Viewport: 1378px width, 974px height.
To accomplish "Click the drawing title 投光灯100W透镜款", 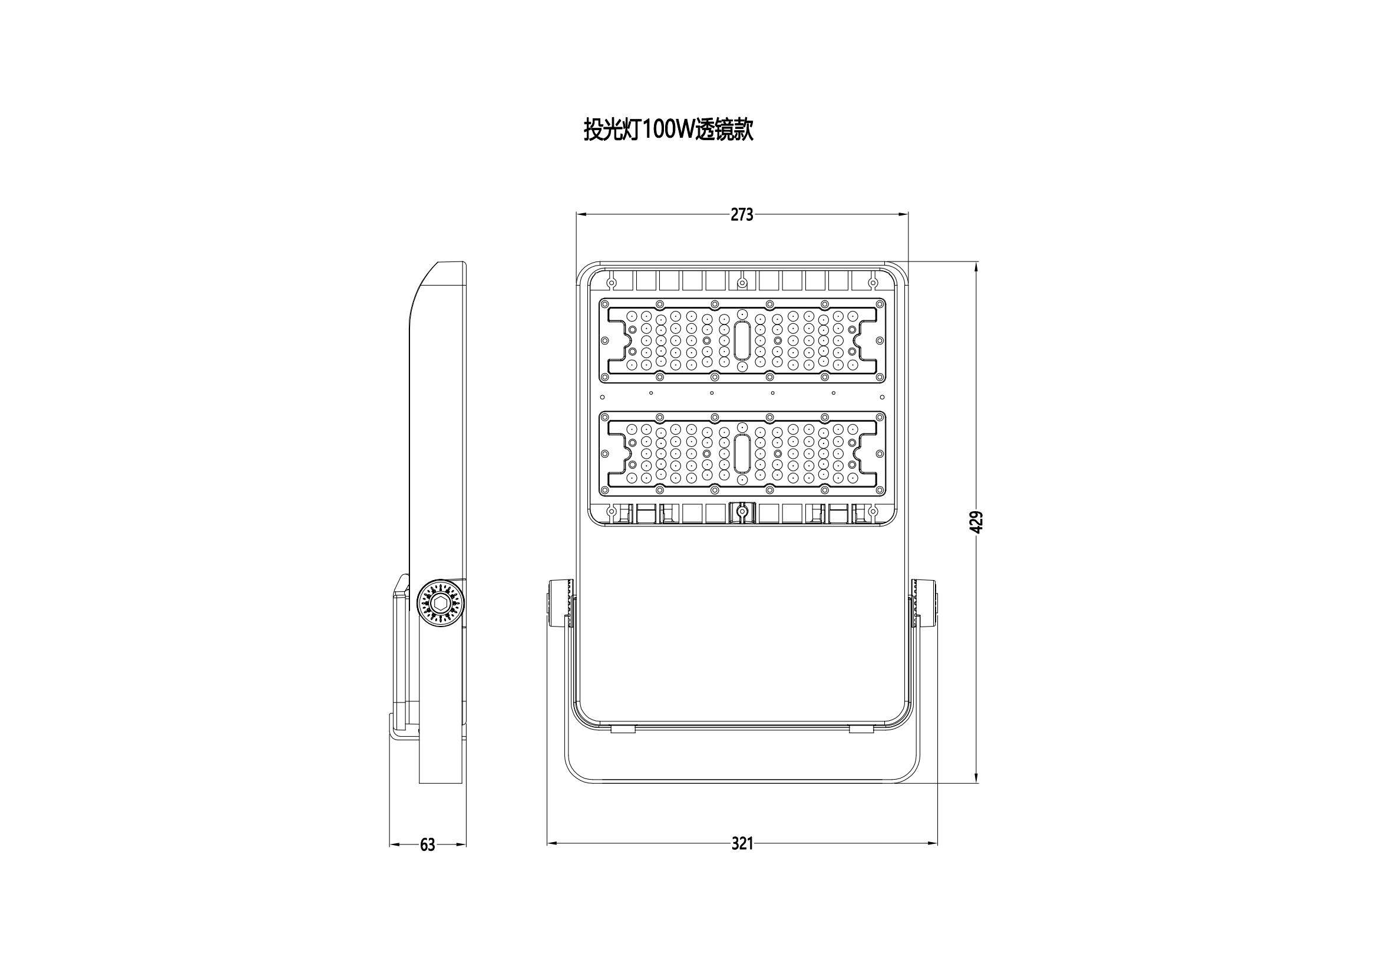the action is pyautogui.click(x=668, y=129).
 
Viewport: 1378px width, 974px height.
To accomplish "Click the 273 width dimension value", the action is pyautogui.click(x=742, y=214).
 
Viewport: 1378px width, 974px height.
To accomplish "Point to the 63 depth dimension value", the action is pyautogui.click(x=427, y=844).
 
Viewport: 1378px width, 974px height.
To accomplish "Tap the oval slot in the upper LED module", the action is pyautogui.click(x=742, y=340).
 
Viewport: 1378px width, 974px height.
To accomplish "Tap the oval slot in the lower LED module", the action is pyautogui.click(x=742, y=453).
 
